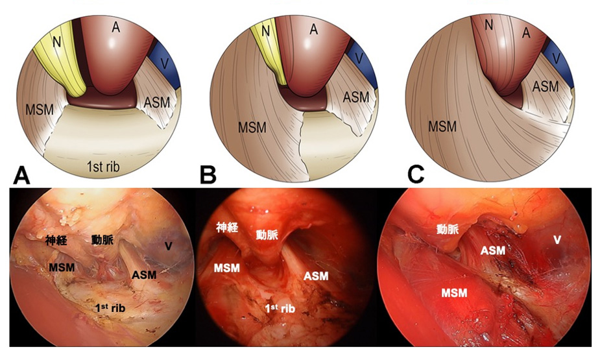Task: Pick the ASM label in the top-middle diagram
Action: pyautogui.click(x=355, y=97)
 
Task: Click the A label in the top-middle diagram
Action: pyautogui.click(x=313, y=29)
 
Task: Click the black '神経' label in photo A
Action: pyautogui.click(x=57, y=240)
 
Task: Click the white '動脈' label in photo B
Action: pyautogui.click(x=267, y=235)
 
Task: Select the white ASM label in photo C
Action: pyautogui.click(x=493, y=250)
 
